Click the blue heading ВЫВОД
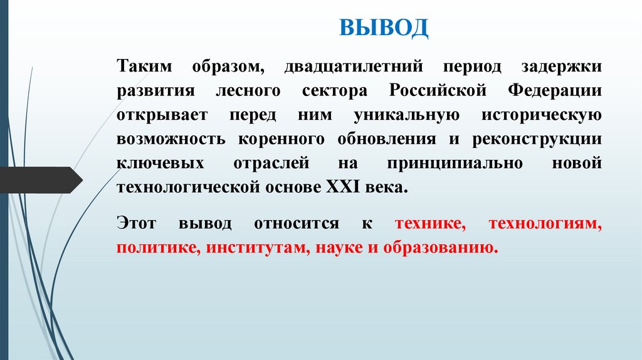click(x=384, y=28)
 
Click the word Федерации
click(x=555, y=91)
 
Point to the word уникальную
click(x=408, y=115)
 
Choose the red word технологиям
click(x=545, y=224)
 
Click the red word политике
click(x=147, y=248)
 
